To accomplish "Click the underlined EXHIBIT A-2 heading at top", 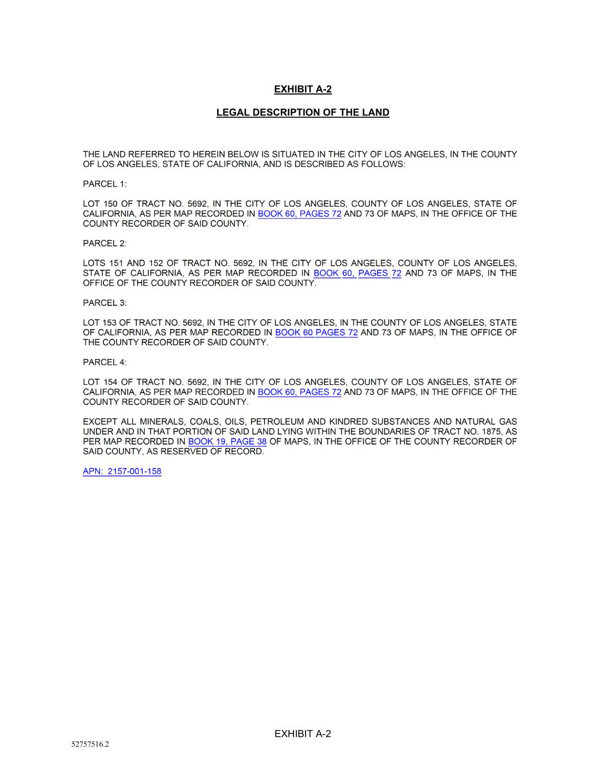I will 303,89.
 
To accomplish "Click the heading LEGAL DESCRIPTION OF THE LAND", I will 303,113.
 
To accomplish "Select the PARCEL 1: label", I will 105,184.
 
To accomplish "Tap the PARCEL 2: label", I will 105,244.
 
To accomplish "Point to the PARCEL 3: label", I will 105,303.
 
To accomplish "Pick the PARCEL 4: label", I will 105,362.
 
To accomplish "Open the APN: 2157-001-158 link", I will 122,472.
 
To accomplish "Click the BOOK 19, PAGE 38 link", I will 227,442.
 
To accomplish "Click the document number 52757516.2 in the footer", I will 90,744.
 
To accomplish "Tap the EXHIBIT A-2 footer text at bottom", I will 303,733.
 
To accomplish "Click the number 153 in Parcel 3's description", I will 109,323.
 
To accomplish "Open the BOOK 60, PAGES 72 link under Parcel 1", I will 299,214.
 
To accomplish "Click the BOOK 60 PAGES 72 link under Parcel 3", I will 316,333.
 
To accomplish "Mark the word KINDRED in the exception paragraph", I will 348,422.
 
